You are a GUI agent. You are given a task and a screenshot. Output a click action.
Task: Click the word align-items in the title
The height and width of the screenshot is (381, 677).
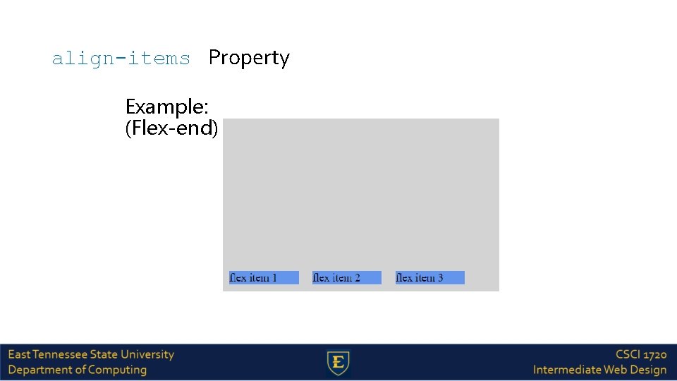(x=121, y=59)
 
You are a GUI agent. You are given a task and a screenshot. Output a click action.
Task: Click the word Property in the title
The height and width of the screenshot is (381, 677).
(x=249, y=59)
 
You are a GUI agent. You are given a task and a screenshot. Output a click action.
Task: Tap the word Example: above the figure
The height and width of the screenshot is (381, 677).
(x=166, y=107)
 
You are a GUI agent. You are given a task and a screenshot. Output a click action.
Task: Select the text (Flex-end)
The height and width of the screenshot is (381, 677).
(x=171, y=128)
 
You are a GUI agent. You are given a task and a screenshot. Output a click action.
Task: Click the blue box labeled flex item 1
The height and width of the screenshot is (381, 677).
(x=264, y=278)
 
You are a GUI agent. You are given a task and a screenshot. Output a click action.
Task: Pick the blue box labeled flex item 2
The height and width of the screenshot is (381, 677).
(x=346, y=278)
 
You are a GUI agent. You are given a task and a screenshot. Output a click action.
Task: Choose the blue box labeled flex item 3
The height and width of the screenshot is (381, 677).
(x=429, y=278)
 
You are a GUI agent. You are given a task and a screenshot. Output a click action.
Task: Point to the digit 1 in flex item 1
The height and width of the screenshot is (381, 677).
(x=274, y=278)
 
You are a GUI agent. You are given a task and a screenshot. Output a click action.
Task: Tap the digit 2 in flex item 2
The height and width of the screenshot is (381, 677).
(x=357, y=278)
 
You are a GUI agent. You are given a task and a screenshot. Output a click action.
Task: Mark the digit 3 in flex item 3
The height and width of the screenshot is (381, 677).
(x=440, y=278)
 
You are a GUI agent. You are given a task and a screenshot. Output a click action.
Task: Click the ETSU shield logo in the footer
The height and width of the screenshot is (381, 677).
(x=338, y=363)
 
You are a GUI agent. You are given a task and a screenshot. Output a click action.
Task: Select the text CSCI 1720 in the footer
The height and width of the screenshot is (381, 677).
(x=640, y=355)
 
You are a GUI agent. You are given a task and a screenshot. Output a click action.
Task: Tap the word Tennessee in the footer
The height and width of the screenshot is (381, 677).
(x=58, y=355)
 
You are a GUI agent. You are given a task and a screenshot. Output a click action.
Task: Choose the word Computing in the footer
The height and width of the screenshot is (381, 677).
(x=118, y=370)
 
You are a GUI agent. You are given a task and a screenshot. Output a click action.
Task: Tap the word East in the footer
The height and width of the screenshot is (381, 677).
(x=19, y=355)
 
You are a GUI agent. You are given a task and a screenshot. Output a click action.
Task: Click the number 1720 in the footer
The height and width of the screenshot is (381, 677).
(x=654, y=355)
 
